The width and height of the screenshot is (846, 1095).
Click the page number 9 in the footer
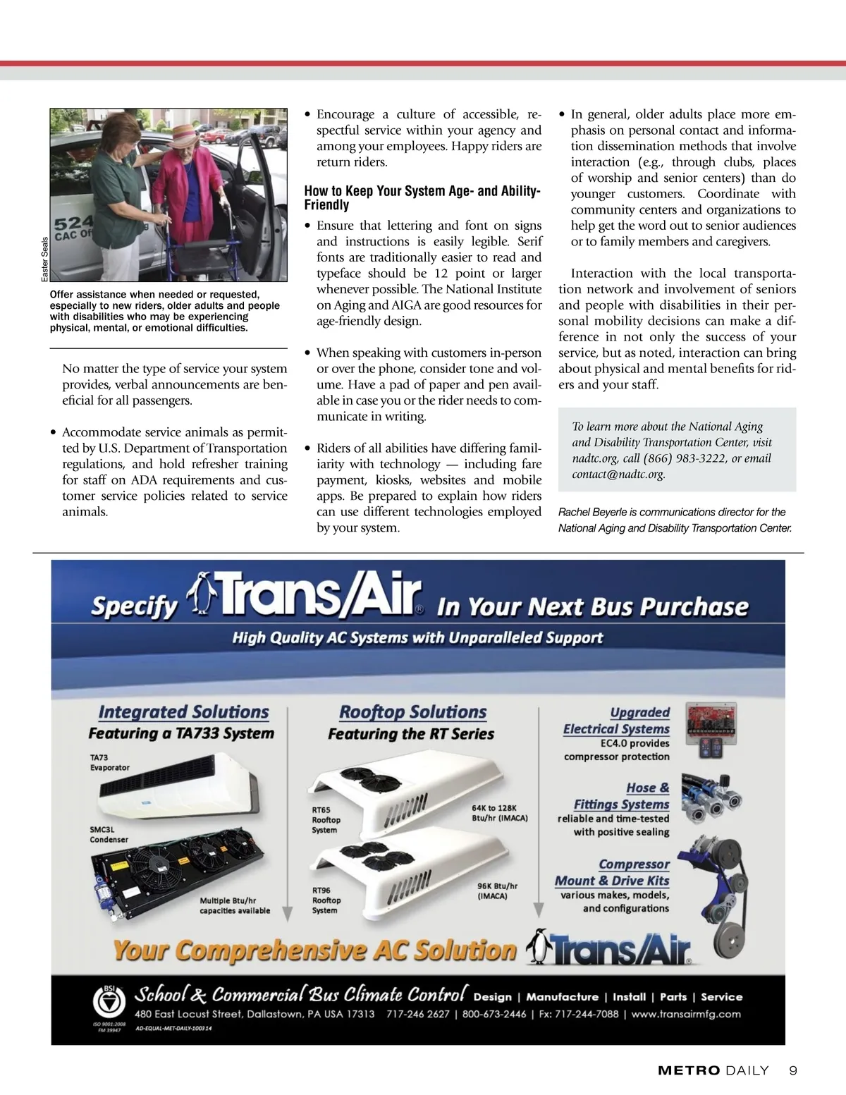(793, 1070)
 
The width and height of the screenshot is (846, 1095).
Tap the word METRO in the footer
(689, 1070)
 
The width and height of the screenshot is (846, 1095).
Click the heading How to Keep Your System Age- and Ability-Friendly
(422, 197)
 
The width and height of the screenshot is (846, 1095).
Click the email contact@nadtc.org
(618, 474)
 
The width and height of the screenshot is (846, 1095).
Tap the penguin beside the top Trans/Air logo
(202, 594)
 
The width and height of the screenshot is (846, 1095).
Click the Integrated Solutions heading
(183, 712)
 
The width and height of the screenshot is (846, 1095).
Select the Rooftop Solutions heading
(412, 712)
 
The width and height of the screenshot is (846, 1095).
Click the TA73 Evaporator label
(109, 762)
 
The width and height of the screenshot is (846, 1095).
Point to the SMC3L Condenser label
(109, 835)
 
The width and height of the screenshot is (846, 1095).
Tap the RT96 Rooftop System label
(326, 900)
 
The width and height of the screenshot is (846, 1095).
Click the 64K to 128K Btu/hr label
(499, 813)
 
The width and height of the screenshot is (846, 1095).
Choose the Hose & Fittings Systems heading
(621, 796)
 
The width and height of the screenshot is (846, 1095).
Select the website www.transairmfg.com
(686, 1014)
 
